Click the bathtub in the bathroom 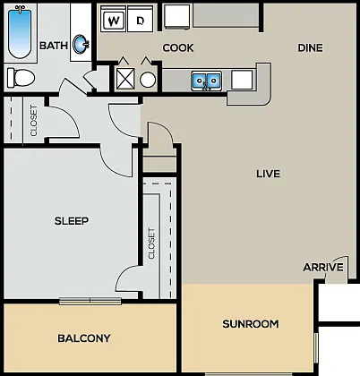tap(20, 33)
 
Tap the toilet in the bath tap(21, 78)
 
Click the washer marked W tap(114, 20)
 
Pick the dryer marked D tap(141, 20)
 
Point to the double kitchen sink tap(207, 81)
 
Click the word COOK tap(178, 47)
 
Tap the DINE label tap(310, 47)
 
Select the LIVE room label tap(268, 174)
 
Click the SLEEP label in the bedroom tap(72, 221)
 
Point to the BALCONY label tap(84, 338)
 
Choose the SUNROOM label tap(251, 324)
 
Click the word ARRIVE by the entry tap(323, 267)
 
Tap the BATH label tap(54, 46)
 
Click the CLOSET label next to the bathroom tap(34, 121)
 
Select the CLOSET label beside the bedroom tap(151, 244)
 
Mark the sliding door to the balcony tap(90, 301)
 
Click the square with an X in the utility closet tap(125, 79)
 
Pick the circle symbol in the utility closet tap(148, 80)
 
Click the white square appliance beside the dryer tap(177, 17)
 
